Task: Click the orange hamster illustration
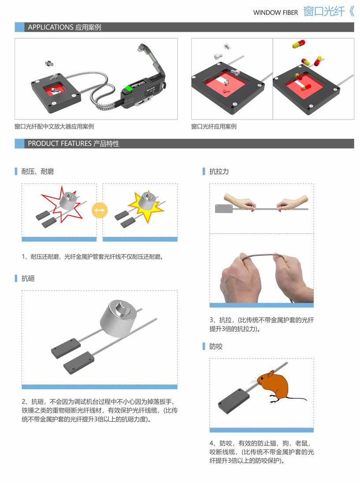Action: coord(273,386)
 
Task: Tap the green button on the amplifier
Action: coord(127,90)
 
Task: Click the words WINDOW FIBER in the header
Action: coord(275,13)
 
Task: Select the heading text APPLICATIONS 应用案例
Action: coord(64,27)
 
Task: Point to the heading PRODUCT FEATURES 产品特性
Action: coord(73,144)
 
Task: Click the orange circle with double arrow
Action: coord(100,210)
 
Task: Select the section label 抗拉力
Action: coord(219,171)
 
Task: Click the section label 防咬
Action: coord(216,347)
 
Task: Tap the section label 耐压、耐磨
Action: coord(37,171)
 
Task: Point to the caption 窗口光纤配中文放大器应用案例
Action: coord(54,126)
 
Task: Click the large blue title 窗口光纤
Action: coord(324,12)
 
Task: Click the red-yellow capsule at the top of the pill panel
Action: coord(298,44)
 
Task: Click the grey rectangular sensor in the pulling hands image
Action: coord(223,209)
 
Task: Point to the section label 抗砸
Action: coord(28,278)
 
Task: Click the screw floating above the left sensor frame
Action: coord(49,63)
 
